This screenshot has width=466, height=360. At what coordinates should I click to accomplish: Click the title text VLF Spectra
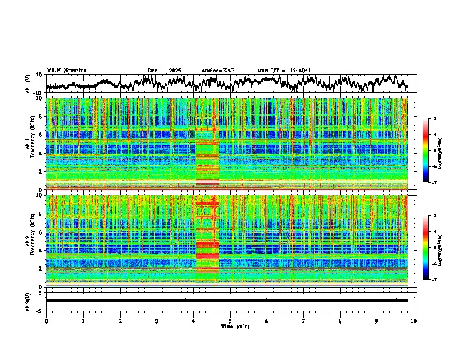[x=66, y=71]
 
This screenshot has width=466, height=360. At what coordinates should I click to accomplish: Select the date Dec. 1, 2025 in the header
[x=164, y=71]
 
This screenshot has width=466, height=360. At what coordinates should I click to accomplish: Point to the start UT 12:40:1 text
[x=284, y=71]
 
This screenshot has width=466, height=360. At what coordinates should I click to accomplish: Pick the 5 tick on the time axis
[x=231, y=321]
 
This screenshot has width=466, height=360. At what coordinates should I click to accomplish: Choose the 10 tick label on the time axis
[x=414, y=321]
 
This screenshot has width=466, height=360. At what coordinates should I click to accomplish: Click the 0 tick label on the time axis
[x=46, y=321]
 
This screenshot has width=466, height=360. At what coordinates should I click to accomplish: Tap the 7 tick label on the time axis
[x=304, y=321]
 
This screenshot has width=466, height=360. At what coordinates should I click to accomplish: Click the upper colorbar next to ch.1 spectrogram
[x=426, y=151]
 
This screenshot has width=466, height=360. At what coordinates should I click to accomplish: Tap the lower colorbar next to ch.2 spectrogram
[x=426, y=248]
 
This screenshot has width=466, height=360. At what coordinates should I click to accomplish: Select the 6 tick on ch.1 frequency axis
[x=41, y=135]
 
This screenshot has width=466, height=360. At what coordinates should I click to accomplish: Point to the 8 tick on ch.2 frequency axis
[x=41, y=213]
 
